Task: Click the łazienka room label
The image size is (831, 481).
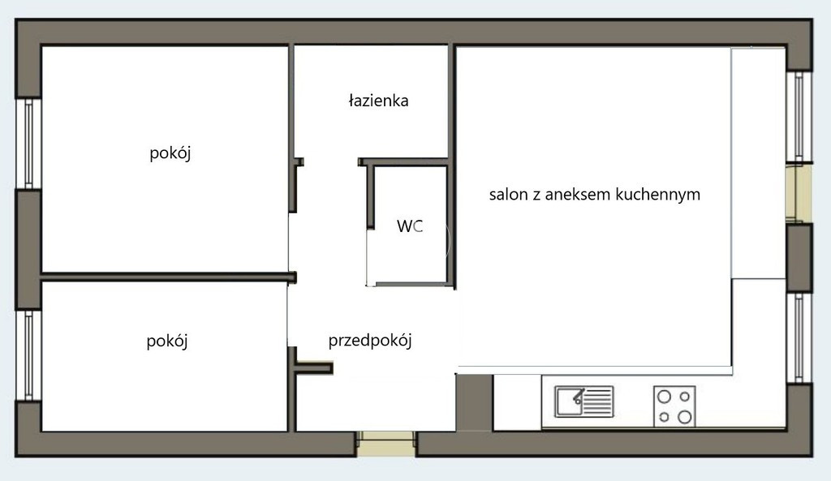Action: pyautogui.click(x=378, y=101)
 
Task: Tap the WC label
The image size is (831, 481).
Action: pyautogui.click(x=410, y=226)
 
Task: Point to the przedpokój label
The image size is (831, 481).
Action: pyautogui.click(x=370, y=340)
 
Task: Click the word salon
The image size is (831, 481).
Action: pyautogui.click(x=508, y=195)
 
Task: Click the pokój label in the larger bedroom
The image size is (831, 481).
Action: pyautogui.click(x=170, y=153)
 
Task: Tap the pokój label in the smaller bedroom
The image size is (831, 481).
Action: pyautogui.click(x=167, y=341)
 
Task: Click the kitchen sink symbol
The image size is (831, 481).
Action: pyautogui.click(x=584, y=402)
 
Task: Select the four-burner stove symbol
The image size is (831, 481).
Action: pyautogui.click(x=674, y=406)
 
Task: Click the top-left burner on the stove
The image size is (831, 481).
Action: pyautogui.click(x=664, y=397)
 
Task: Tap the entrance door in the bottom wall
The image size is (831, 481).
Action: pyautogui.click(x=385, y=444)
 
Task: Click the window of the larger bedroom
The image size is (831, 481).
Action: pyautogui.click(x=28, y=144)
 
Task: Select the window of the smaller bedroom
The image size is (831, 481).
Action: pyautogui.click(x=28, y=355)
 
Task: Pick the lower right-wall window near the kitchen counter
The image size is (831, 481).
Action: pyautogui.click(x=799, y=337)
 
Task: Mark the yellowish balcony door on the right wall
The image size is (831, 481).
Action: pyautogui.click(x=799, y=193)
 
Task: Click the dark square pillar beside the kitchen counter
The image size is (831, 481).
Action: pyautogui.click(x=475, y=402)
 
